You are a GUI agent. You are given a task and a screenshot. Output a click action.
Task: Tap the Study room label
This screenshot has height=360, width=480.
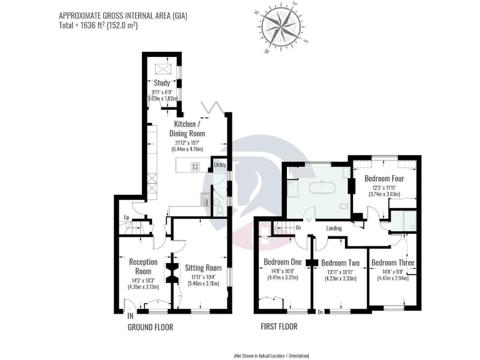tap(162, 82)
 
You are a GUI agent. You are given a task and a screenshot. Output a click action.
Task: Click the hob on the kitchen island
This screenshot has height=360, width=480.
tap(195, 167)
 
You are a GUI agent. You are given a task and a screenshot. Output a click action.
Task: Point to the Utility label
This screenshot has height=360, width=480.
tap(219, 165)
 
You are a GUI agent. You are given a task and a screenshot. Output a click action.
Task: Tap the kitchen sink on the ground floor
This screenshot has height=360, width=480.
tap(205, 199)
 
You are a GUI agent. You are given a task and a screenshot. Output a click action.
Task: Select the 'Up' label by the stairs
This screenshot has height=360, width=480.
tap(127, 217)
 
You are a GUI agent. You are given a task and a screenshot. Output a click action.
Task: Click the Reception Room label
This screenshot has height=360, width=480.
tap(143, 266)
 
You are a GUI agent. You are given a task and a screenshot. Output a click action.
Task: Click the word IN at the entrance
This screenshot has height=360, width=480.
tap(131, 316)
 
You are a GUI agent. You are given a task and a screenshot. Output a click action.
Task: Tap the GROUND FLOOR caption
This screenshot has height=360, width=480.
tap(150, 327)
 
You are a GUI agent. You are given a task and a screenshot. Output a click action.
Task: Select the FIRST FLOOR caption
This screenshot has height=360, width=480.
tap(279, 327)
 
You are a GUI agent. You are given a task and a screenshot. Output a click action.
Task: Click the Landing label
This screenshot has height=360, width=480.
tap(334, 229)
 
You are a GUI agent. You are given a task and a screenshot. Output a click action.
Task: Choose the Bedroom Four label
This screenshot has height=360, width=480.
tap(384, 179)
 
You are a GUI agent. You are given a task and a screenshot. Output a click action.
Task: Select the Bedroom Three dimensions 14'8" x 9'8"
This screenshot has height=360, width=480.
tap(392, 275)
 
